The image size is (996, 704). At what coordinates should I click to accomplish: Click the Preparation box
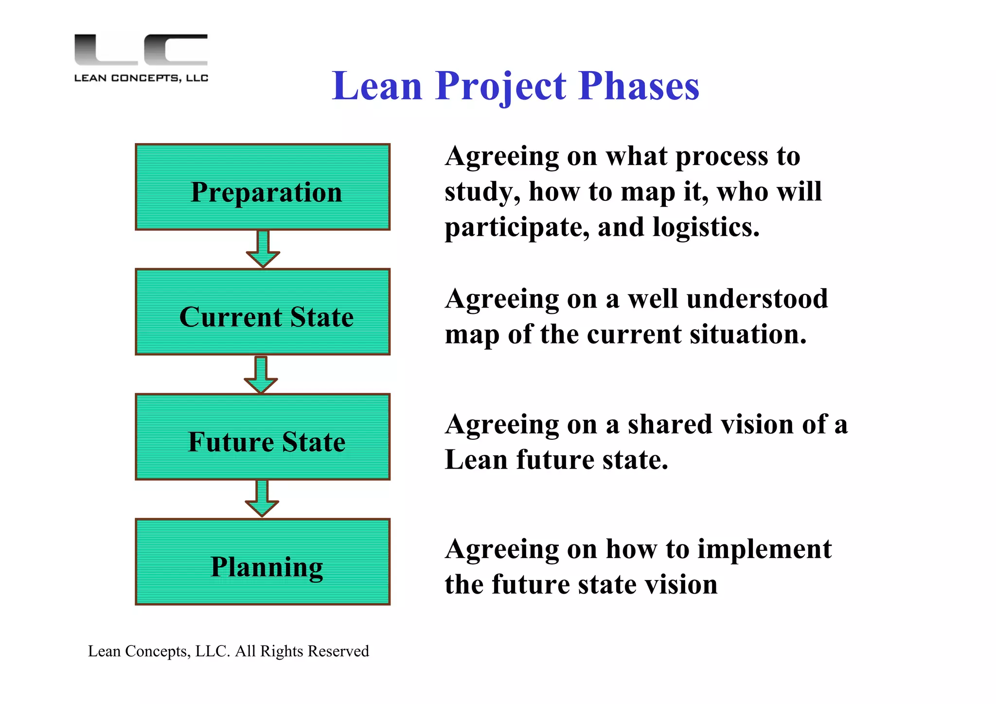263,187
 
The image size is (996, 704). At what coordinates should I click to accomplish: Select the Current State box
263,312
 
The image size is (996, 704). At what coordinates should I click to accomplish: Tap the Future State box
263,437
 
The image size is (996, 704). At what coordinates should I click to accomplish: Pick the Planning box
263,562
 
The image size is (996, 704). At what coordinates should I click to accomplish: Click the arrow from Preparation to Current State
263,249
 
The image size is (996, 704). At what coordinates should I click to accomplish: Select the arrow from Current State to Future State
261,375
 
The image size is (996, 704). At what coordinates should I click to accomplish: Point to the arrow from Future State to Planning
262,499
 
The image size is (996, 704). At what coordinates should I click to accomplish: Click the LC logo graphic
141,49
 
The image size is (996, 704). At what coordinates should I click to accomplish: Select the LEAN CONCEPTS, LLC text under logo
141,78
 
